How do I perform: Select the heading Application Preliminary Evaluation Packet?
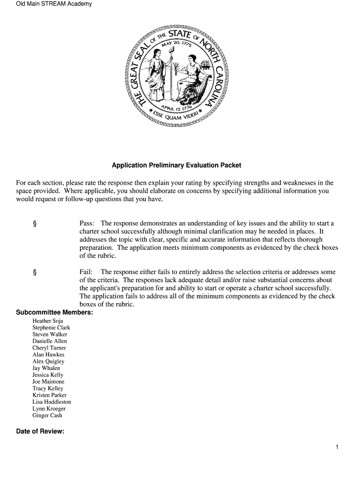[x=176, y=166]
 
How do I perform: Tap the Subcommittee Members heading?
[x=54, y=312]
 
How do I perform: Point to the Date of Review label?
[x=40, y=431]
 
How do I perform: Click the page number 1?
[x=337, y=447]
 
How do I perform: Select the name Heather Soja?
[x=48, y=321]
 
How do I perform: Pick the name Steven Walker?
[x=50, y=334]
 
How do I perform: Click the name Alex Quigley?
[x=48, y=362]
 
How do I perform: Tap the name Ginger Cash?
[x=47, y=415]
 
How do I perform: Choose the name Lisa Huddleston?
[x=52, y=402]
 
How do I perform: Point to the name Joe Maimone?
[x=49, y=382]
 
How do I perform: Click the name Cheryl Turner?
[x=49, y=348]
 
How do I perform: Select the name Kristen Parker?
[x=50, y=395]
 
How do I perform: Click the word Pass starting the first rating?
[x=87, y=223]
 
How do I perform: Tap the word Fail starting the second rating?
[x=86, y=272]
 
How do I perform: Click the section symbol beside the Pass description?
[x=35, y=224]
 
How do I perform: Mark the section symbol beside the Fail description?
[x=35, y=272]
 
